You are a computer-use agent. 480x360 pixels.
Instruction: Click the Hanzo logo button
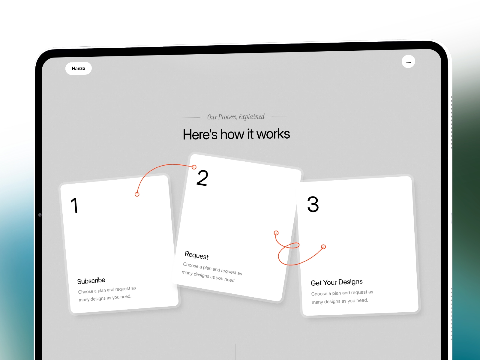pos(79,68)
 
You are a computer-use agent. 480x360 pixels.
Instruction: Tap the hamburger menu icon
pos(408,61)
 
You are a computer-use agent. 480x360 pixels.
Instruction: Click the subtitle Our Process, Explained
pos(236,117)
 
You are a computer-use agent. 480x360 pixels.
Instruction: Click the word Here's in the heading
pos(200,134)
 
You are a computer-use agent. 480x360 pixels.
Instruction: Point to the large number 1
pos(75,205)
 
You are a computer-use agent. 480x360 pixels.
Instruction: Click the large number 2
pos(202,178)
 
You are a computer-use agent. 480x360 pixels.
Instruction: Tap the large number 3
pos(313,204)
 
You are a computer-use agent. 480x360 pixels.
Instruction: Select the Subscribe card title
pos(91,281)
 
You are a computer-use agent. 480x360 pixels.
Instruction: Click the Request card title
pos(196,255)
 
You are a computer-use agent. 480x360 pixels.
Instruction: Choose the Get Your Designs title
pos(337,282)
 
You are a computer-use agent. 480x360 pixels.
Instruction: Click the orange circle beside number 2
pos(194,167)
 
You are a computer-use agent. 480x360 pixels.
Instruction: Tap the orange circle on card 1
pos(137,194)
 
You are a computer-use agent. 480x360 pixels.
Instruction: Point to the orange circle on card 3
pos(323,247)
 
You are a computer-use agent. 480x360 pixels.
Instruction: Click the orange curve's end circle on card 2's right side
pos(276,233)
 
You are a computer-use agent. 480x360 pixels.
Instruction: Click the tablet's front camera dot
pos(40,215)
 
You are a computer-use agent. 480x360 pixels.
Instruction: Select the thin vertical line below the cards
pos(236,352)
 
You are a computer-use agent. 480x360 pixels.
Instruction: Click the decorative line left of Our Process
pos(191,118)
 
